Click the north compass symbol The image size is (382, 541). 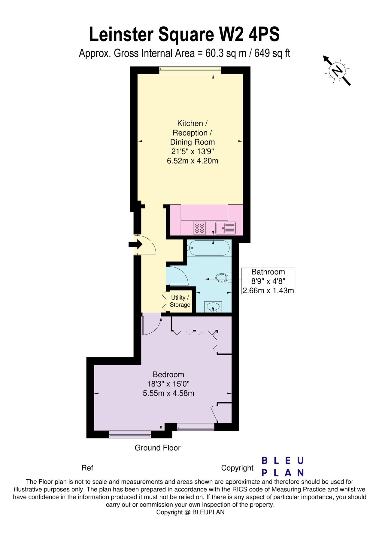pos(337,71)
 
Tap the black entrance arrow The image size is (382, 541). pos(135,244)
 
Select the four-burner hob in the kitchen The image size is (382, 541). pos(200,228)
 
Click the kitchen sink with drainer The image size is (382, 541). pos(226,228)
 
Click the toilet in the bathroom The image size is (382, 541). pos(222,277)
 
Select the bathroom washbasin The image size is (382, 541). pos(214,307)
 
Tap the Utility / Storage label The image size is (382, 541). pos(180,301)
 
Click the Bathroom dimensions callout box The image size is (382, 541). pos(268,281)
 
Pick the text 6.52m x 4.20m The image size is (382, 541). pos(193,161)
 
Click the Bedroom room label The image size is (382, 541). pos(168,374)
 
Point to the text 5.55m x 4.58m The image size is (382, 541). pos(168,393)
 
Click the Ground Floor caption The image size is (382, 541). pos(157,448)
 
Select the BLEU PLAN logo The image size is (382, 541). pos(283,466)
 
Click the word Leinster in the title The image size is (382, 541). pos(122,35)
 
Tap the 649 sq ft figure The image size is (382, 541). pos(272,53)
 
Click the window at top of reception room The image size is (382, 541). pos(190,70)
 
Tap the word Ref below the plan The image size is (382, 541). pos(87,468)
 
